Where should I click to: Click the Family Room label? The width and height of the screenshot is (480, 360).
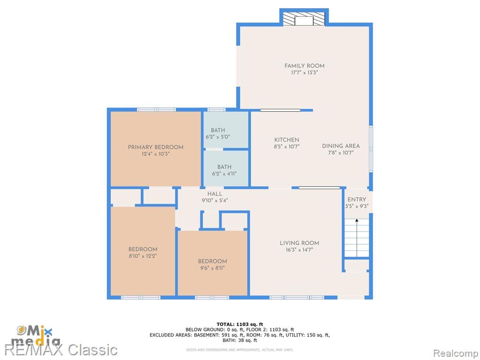pyautogui.click(x=304, y=66)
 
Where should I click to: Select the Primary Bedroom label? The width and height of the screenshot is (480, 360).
pyautogui.click(x=156, y=147)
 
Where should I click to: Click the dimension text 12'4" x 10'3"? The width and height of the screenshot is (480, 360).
pyautogui.click(x=156, y=154)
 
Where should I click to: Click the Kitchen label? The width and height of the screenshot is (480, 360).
pyautogui.click(x=286, y=140)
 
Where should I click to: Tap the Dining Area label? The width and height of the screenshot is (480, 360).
pyautogui.click(x=341, y=146)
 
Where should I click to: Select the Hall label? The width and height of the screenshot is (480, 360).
pyautogui.click(x=215, y=194)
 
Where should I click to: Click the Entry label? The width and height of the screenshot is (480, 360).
pyautogui.click(x=357, y=199)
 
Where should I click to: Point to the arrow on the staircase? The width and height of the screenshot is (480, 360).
pyautogui.click(x=357, y=237)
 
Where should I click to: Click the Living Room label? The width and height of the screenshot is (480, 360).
pyautogui.click(x=300, y=243)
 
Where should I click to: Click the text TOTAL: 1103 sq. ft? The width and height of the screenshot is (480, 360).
pyautogui.click(x=240, y=324)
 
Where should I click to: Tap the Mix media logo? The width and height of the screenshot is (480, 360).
pyautogui.click(x=35, y=335)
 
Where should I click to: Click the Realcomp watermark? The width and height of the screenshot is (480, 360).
pyautogui.click(x=456, y=353)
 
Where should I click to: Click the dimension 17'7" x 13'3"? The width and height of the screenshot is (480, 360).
pyautogui.click(x=304, y=73)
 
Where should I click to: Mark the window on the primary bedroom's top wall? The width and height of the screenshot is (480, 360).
pyautogui.click(x=157, y=109)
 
